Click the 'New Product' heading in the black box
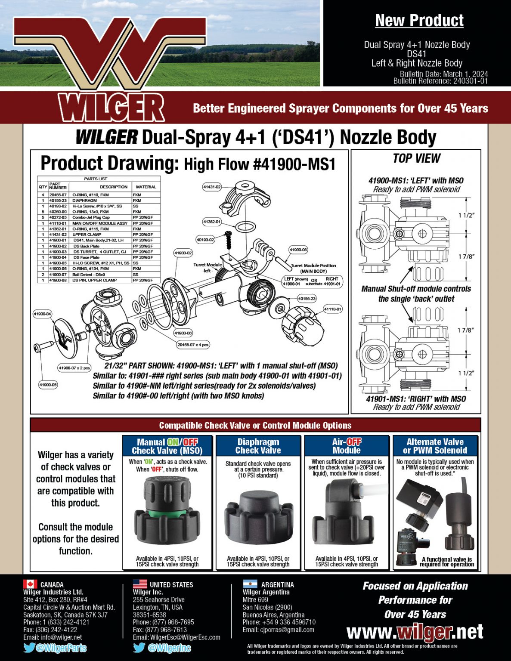tap(419, 20)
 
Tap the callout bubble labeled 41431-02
tap(212, 187)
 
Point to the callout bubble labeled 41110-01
tap(333, 309)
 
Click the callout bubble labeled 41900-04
tap(42, 314)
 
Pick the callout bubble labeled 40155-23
tap(307, 298)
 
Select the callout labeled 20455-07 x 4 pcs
tap(193, 345)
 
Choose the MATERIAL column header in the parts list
tap(146, 187)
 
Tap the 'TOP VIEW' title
tap(416, 158)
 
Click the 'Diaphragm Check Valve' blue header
tap(258, 446)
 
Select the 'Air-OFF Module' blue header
tap(347, 446)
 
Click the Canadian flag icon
tap(30, 584)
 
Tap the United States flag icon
tap(140, 584)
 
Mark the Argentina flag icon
tap(250, 584)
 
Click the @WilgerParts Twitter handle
tap(61, 648)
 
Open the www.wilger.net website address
tap(415, 632)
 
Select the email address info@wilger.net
tap(61, 637)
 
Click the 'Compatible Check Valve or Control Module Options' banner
tap(255, 425)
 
